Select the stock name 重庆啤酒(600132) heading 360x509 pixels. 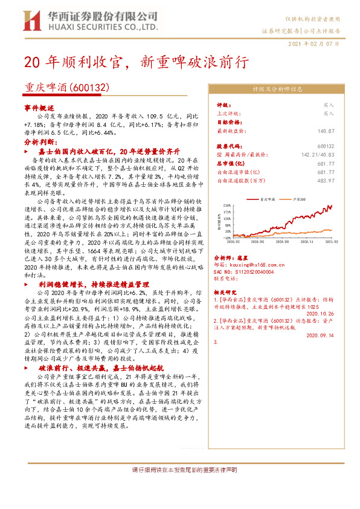pos(66,88)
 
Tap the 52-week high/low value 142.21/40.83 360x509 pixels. pos(318,155)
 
